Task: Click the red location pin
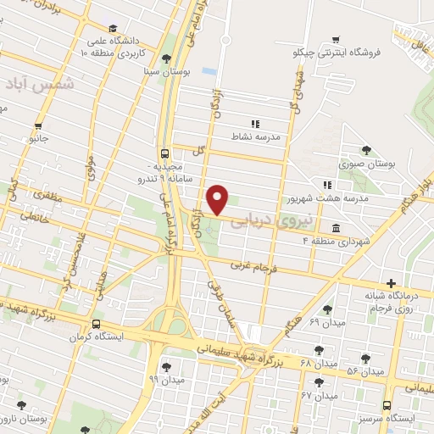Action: click(x=218, y=198)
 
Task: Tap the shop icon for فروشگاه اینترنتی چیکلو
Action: click(x=337, y=39)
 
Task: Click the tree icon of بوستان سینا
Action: click(x=165, y=58)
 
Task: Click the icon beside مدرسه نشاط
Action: click(x=254, y=123)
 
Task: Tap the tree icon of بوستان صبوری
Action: click(x=366, y=150)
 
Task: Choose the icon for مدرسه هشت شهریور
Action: click(x=326, y=185)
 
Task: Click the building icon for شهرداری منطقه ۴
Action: click(x=337, y=229)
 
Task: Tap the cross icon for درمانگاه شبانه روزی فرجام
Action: click(x=390, y=283)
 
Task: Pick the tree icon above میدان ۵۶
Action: click(x=365, y=359)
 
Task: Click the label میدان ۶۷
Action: click(x=318, y=395)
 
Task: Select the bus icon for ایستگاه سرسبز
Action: click(x=387, y=404)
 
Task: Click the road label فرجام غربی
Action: click(x=252, y=267)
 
